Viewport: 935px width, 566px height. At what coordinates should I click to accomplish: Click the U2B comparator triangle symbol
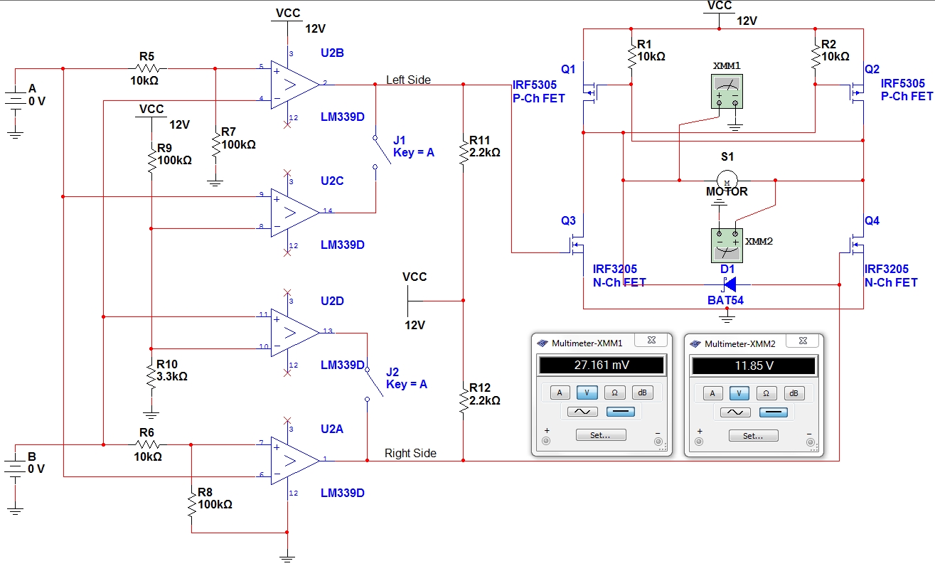(x=294, y=85)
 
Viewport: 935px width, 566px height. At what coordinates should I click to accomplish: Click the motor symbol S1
(x=727, y=181)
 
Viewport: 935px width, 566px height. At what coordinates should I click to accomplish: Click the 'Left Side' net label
(x=408, y=80)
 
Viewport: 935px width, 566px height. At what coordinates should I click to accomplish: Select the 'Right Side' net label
(x=410, y=454)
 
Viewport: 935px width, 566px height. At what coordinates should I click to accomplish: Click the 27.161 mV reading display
(x=602, y=365)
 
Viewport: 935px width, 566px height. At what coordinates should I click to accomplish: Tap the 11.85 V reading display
(x=754, y=366)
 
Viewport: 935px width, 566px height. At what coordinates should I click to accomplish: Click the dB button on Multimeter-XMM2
(x=794, y=393)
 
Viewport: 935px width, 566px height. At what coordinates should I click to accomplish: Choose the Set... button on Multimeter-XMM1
(x=601, y=435)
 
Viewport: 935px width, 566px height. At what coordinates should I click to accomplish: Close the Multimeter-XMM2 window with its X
(x=803, y=341)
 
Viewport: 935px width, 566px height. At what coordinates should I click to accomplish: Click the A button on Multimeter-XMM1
(x=560, y=393)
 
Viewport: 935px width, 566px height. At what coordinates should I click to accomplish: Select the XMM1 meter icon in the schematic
(x=727, y=92)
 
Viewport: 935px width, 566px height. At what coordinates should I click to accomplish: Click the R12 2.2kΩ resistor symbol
(x=464, y=400)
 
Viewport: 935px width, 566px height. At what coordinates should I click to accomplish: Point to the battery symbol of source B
(x=15, y=466)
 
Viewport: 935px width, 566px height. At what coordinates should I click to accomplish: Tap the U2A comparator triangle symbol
(x=294, y=461)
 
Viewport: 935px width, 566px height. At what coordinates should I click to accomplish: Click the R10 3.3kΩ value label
(x=171, y=376)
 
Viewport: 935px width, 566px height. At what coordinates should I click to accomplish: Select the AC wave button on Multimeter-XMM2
(x=735, y=412)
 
